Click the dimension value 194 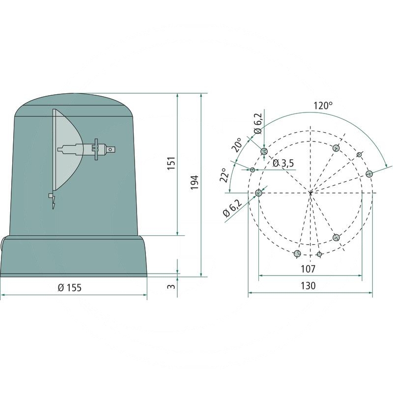(194, 183)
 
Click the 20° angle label (237, 145)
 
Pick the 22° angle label (224, 175)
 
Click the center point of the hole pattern (311, 193)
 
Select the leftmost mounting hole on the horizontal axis (259, 193)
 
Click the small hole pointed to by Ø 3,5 (253, 169)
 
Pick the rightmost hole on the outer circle (369, 174)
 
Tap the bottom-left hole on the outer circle (297, 253)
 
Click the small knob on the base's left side (2, 242)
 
